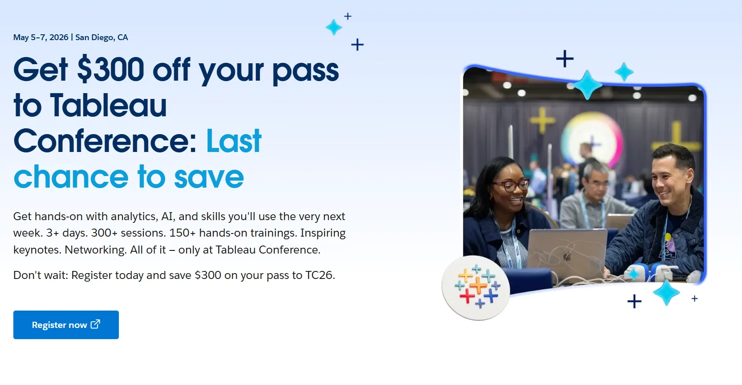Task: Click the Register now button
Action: (66, 325)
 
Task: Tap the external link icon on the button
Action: (95, 324)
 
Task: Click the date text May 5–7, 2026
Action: (41, 37)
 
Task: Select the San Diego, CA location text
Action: (101, 37)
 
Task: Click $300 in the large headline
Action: (111, 70)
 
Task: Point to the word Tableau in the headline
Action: (108, 105)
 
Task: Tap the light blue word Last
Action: (234, 141)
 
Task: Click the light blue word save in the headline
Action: (209, 177)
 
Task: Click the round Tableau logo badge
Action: (476, 287)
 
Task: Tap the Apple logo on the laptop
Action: (568, 256)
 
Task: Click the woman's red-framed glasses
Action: (511, 185)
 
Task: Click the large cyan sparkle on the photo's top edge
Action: (587, 85)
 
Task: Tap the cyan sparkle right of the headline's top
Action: (333, 27)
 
